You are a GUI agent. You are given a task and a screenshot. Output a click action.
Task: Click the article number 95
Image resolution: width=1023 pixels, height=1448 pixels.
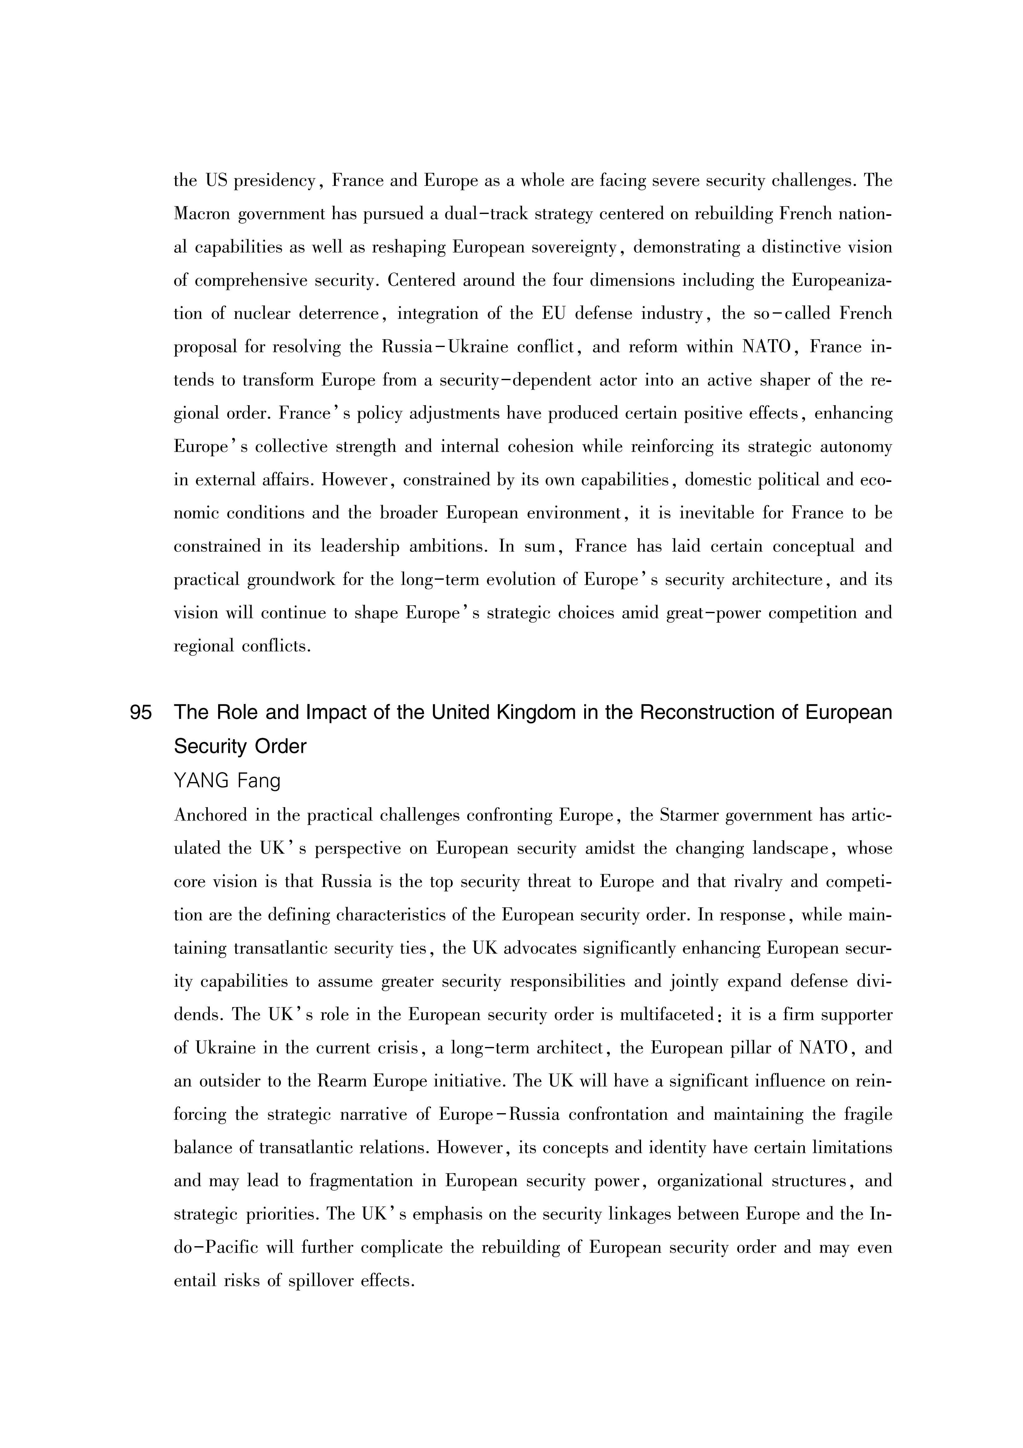coord(140,713)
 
